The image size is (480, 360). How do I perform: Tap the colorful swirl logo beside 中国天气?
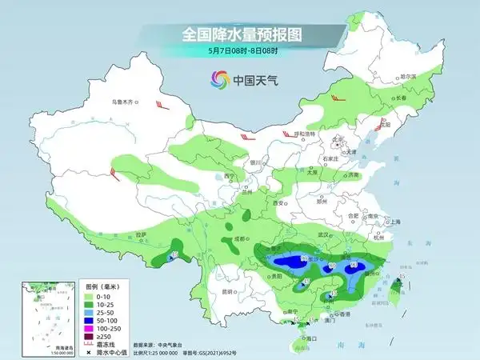click(218, 79)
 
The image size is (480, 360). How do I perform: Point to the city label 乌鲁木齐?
click(124, 102)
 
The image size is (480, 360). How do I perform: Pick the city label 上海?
click(394, 222)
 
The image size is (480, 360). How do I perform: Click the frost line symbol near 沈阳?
click(382, 126)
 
